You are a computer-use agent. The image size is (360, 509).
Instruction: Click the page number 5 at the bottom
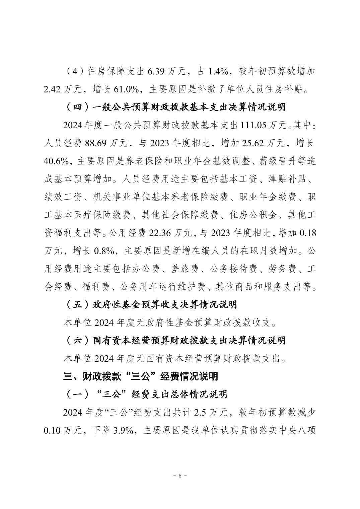pyautogui.click(x=180, y=475)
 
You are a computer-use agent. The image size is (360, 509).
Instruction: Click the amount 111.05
pyautogui.click(x=251, y=126)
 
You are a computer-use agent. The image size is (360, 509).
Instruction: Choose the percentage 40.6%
pyautogui.click(x=56, y=161)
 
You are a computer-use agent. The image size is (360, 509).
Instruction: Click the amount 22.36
pyautogui.click(x=159, y=233)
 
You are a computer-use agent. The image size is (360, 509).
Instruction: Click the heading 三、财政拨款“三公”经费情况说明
pyautogui.click(x=141, y=376)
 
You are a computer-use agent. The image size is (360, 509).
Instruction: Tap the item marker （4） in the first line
pyautogui.click(x=75, y=71)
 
